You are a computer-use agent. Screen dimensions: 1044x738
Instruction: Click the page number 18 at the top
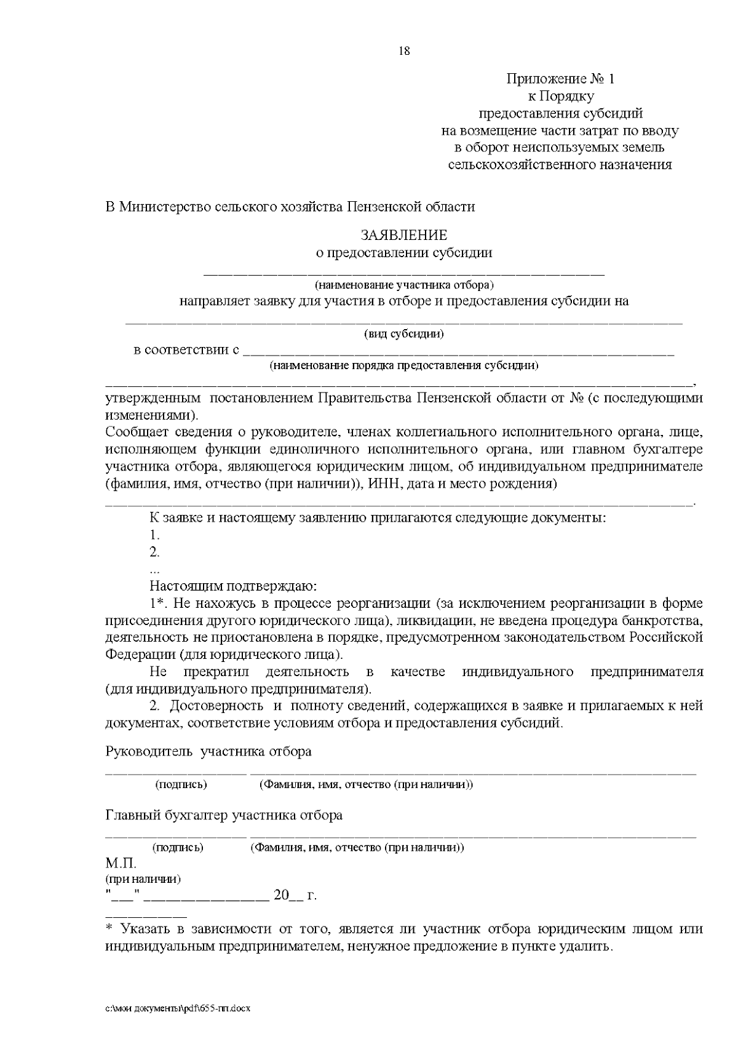click(404, 51)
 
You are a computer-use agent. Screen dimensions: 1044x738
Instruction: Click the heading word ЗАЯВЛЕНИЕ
click(403, 235)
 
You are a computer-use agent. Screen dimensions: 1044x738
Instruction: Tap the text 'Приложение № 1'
click(560, 79)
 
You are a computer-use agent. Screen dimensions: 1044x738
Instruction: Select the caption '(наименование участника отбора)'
click(403, 285)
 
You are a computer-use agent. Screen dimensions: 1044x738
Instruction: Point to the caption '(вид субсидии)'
click(403, 334)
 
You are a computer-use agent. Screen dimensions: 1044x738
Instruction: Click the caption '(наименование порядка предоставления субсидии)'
click(403, 366)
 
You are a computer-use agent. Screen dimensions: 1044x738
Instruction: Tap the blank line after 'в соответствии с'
click(458, 354)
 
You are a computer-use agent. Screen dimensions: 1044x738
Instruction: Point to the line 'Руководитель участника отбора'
click(208, 752)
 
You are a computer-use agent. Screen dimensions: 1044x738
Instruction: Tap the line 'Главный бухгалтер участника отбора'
click(224, 816)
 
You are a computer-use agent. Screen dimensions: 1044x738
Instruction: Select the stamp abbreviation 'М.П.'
click(121, 864)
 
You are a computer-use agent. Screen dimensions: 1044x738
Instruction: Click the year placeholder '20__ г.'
click(295, 895)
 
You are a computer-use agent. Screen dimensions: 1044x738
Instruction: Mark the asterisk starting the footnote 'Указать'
click(110, 929)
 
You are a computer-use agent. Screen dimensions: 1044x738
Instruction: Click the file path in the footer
click(178, 1009)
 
